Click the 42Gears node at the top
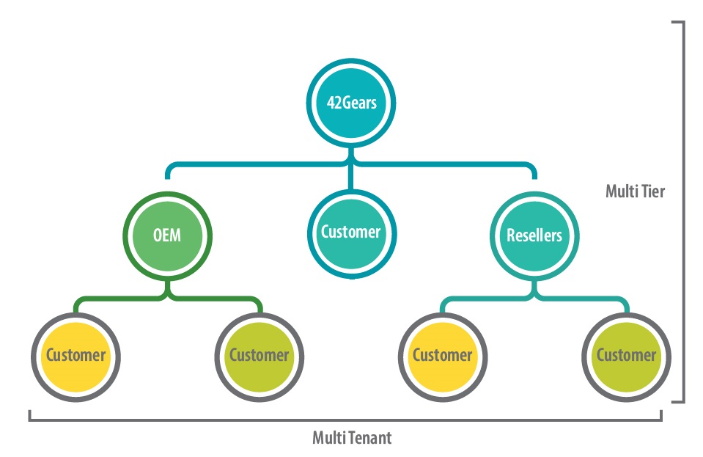click(x=351, y=102)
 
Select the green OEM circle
click(x=167, y=235)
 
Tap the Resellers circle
click(x=534, y=235)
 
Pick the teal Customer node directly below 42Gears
click(x=351, y=232)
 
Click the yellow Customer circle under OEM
click(x=76, y=356)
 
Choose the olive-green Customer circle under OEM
click(x=259, y=356)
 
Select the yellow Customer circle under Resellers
click(x=442, y=356)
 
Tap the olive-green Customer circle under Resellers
click(x=625, y=356)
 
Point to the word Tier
click(x=654, y=191)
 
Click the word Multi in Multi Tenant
click(x=328, y=438)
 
